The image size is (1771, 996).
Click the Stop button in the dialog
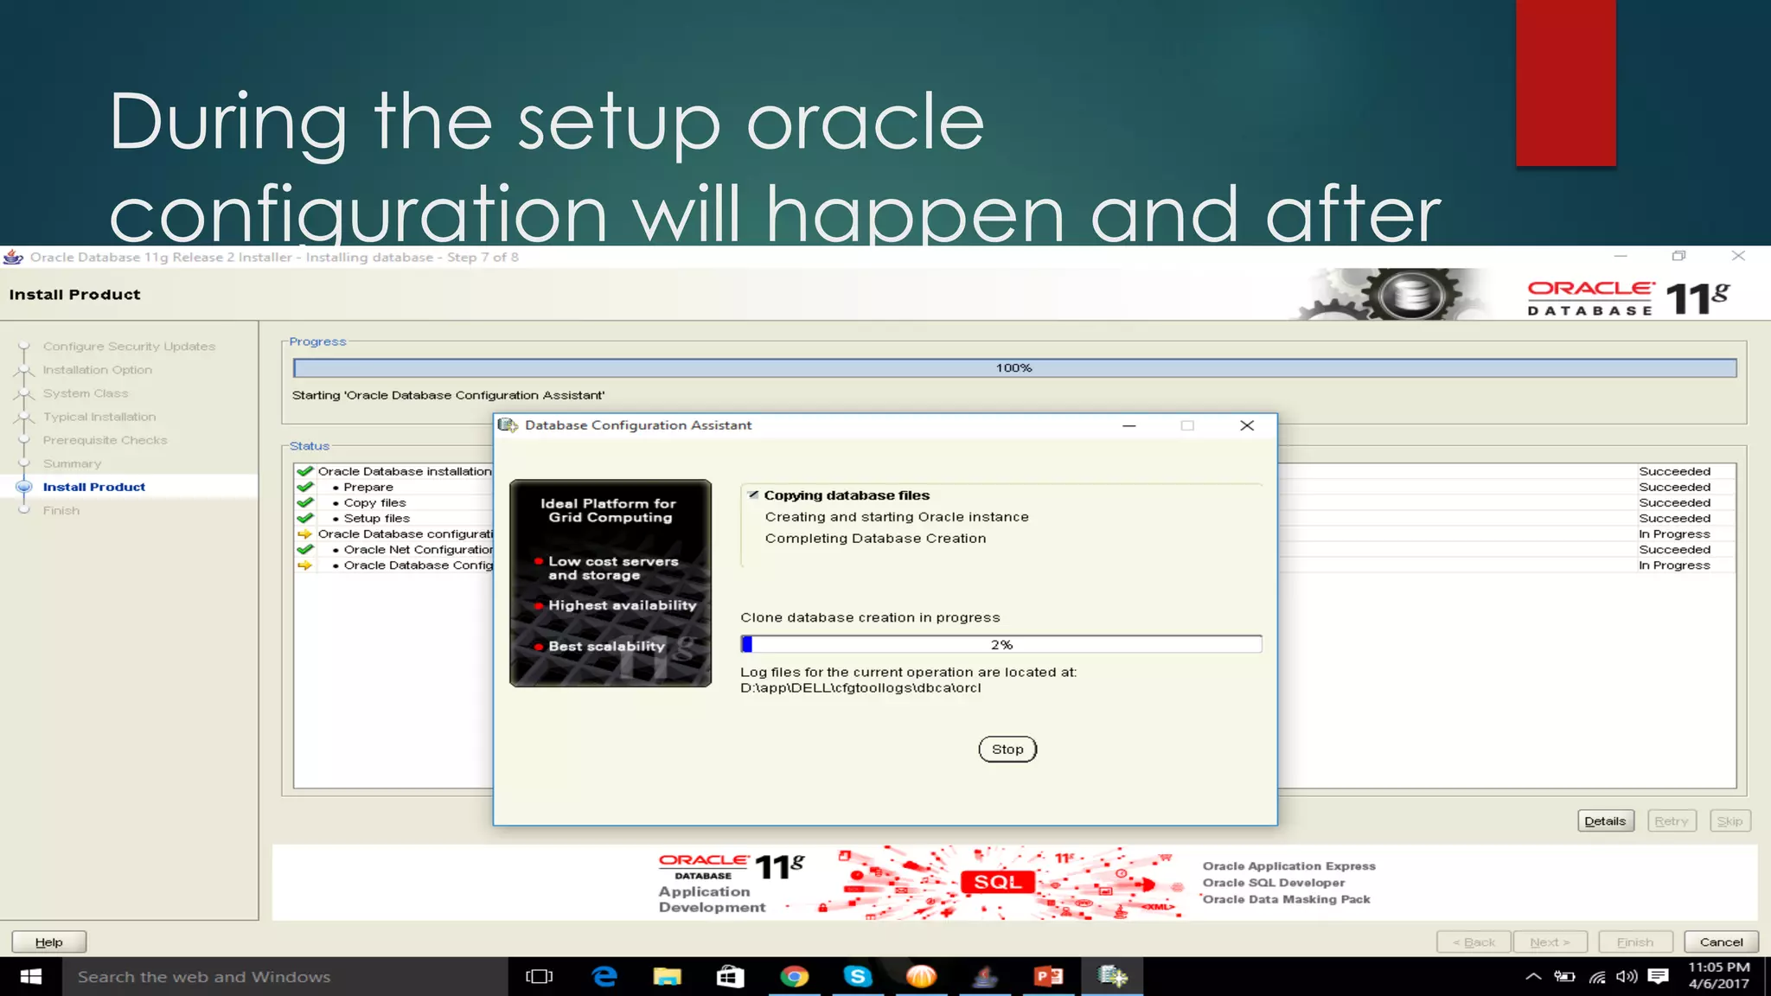tap(1007, 749)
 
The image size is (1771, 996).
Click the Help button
tap(49, 942)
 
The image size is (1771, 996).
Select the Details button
tap(1605, 820)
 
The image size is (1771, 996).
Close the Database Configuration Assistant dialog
tap(1246, 425)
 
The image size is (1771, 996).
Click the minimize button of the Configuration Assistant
tap(1128, 425)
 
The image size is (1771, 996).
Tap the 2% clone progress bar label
tap(1001, 645)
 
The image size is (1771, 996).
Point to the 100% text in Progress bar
tap(1013, 368)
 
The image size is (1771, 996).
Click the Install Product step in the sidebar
tap(94, 487)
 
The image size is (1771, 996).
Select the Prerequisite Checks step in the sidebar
tap(105, 440)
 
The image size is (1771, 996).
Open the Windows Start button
tap(31, 977)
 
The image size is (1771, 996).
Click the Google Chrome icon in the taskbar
tap(794, 977)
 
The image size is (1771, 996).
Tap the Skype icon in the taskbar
tap(858, 977)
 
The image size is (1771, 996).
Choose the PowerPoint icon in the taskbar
tap(1048, 977)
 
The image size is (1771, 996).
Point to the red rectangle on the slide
tap(1565, 83)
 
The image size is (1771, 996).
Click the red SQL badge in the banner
tap(997, 882)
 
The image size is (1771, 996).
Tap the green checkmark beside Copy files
tap(305, 502)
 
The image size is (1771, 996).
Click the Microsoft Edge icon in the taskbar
tap(604, 977)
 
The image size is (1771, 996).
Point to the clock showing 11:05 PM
tap(1718, 967)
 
